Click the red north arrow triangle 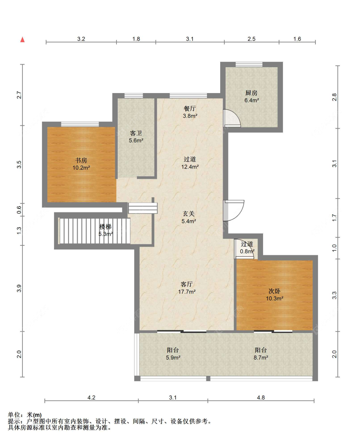pos(22,40)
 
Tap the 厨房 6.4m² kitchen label pos(252,97)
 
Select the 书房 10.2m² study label pos(81,164)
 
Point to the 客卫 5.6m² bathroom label pos(136,137)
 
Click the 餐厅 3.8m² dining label pos(190,112)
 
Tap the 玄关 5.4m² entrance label pos(188,218)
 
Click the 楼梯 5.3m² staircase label pos(106,230)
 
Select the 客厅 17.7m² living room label pos(187,288)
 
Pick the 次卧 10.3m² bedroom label pos(275,295)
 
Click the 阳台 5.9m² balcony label pos(173,354)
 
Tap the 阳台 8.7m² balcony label pos(261,354)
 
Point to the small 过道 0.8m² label pos(247,248)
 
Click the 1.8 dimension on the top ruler pos(136,39)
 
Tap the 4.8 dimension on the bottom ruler pos(261,398)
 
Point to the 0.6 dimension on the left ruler pos(19,210)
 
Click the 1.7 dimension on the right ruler pos(334,218)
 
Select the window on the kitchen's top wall pos(249,64)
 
